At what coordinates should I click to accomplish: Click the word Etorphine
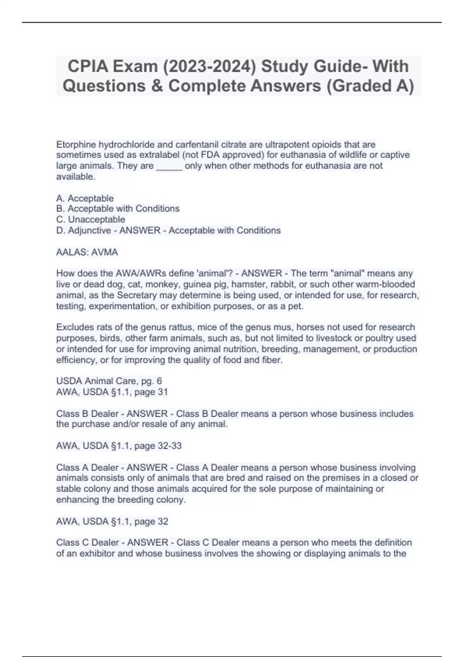click(x=76, y=145)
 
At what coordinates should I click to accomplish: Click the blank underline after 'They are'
click(x=169, y=166)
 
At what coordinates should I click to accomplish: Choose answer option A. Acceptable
click(x=85, y=198)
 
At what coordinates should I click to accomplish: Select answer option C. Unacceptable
click(x=91, y=220)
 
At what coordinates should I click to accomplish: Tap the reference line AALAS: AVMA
click(x=87, y=252)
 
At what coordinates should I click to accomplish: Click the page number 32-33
click(x=169, y=446)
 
